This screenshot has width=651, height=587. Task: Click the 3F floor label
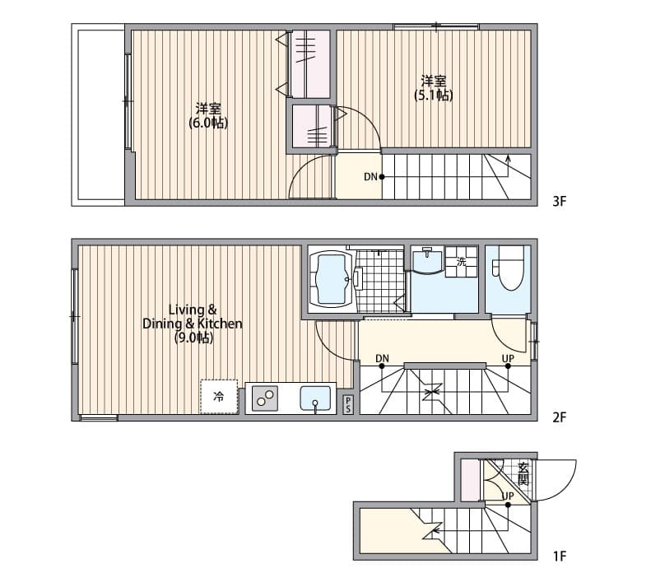(x=560, y=200)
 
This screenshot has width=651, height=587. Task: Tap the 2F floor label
(x=560, y=417)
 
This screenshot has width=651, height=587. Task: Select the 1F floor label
(x=560, y=557)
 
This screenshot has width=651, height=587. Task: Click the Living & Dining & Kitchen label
(x=193, y=324)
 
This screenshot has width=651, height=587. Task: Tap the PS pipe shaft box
(x=348, y=404)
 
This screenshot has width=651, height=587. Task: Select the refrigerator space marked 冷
(x=219, y=397)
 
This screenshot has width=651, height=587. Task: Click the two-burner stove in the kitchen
(x=265, y=399)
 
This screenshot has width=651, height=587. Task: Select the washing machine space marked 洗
(x=461, y=262)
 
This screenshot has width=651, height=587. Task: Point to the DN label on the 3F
(x=370, y=176)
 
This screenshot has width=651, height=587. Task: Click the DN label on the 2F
(x=382, y=358)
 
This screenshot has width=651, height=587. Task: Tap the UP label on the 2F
(x=508, y=358)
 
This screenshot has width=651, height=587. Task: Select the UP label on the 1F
(x=508, y=496)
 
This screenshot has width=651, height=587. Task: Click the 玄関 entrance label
(x=523, y=474)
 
